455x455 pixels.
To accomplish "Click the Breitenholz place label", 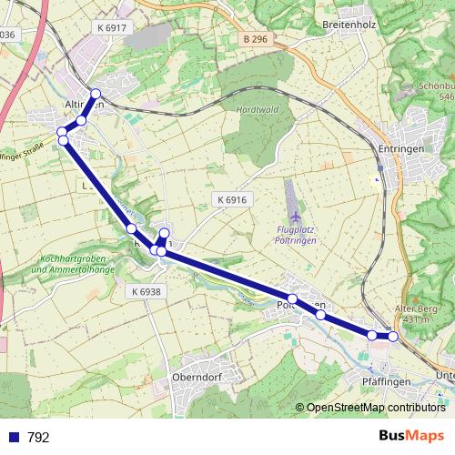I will (349, 25).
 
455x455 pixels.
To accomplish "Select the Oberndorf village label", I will (197, 377).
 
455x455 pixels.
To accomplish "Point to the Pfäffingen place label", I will (387, 380).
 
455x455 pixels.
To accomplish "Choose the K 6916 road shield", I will (232, 199).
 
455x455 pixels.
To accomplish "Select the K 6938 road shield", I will (146, 291).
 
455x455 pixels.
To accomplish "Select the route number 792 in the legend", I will (38, 438).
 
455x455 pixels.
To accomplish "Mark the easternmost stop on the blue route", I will (393, 336).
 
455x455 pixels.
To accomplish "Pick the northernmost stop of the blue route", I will (96, 95).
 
